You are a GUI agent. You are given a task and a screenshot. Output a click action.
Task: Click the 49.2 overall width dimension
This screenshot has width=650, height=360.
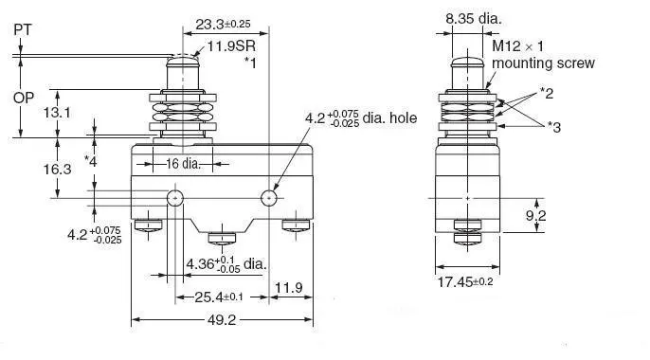coord(222,320)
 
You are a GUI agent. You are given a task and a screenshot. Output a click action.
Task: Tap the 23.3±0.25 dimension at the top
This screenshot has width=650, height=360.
coord(223,25)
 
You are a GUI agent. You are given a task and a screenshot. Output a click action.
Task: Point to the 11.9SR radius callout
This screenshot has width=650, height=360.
coord(231,45)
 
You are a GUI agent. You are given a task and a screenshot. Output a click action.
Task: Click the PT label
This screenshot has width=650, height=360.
coord(23,29)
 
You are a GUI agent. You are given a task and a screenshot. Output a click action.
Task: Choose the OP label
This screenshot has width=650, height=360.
coord(23,98)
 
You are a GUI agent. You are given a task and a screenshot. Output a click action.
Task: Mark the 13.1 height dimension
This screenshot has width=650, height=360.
coord(57,113)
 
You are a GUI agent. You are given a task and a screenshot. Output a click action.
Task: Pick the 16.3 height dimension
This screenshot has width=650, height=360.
coord(57,169)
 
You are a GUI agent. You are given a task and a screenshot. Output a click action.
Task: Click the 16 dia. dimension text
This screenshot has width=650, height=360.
coord(183,164)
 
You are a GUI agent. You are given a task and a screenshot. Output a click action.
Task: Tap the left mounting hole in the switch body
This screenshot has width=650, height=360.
coord(175,199)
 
